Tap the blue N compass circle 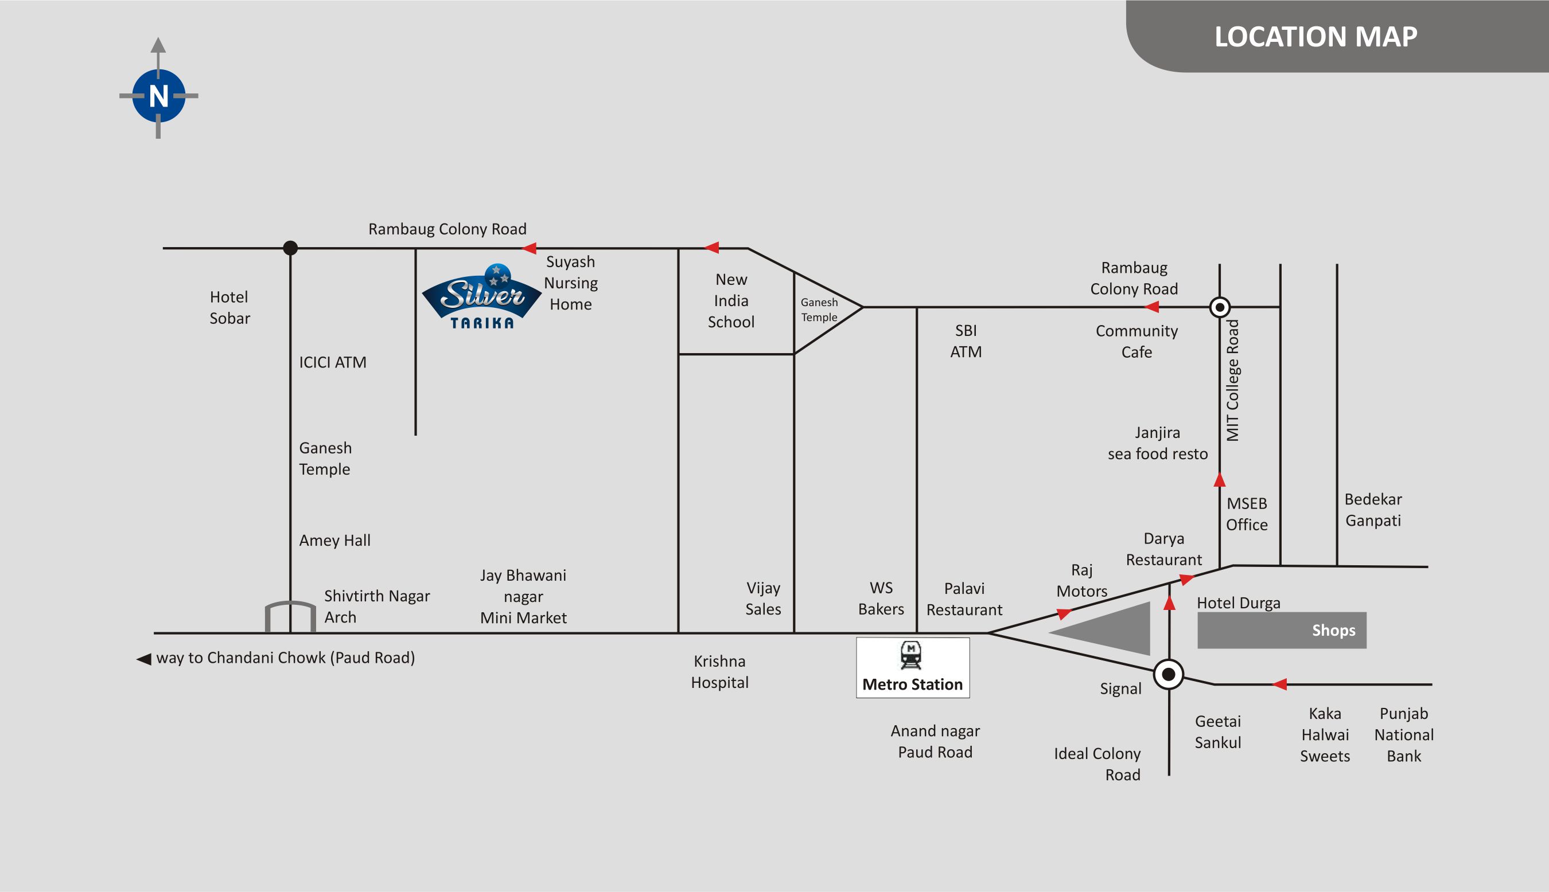[159, 96]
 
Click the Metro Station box [913, 668]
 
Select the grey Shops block [1282, 630]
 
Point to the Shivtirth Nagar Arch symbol [290, 616]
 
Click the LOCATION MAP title [1316, 37]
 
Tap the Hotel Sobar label [230, 307]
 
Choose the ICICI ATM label [333, 362]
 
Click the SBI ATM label [966, 341]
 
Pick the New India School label [731, 301]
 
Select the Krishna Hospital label [719, 671]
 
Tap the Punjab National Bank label [1404, 734]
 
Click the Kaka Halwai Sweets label [1325, 734]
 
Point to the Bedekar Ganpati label [1373, 510]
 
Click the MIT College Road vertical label [1232, 381]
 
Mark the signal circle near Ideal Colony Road [1168, 675]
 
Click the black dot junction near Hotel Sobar [290, 248]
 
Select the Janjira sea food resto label [1157, 443]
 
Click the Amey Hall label [334, 541]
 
